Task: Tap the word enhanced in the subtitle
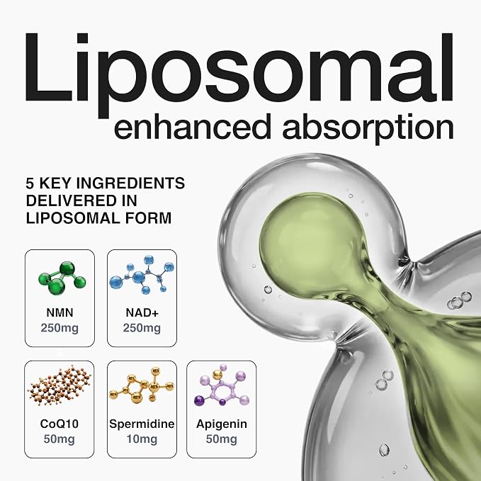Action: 193,126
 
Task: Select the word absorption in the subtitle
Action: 368,129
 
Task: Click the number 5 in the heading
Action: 30,183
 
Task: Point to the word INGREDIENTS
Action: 130,183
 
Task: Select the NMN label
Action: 60,312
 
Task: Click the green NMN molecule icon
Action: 62,278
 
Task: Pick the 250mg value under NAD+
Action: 142,328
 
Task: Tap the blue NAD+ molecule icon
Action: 142,275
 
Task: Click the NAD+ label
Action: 142,312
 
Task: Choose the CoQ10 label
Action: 60,424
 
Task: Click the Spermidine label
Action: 142,424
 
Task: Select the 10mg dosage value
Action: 142,439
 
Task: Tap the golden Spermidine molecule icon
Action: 142,385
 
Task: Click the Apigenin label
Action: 222,424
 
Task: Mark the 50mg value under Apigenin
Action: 222,439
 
